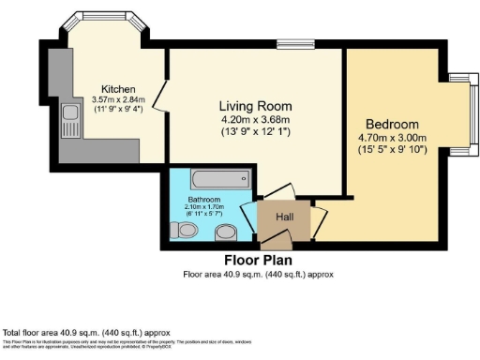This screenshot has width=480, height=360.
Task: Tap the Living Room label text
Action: click(x=256, y=105)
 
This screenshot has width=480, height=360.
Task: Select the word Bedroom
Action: click(x=392, y=125)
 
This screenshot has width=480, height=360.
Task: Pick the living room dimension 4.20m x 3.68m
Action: click(x=256, y=119)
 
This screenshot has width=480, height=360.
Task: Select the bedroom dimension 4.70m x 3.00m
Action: click(x=392, y=138)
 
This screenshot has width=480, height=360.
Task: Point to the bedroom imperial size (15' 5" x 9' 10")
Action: click(x=392, y=149)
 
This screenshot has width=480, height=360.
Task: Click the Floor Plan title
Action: click(x=258, y=261)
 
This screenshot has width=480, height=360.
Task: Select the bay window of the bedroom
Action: click(x=458, y=112)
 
